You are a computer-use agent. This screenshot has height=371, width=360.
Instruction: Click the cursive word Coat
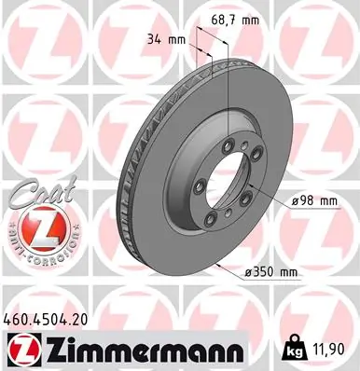point(32,194)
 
